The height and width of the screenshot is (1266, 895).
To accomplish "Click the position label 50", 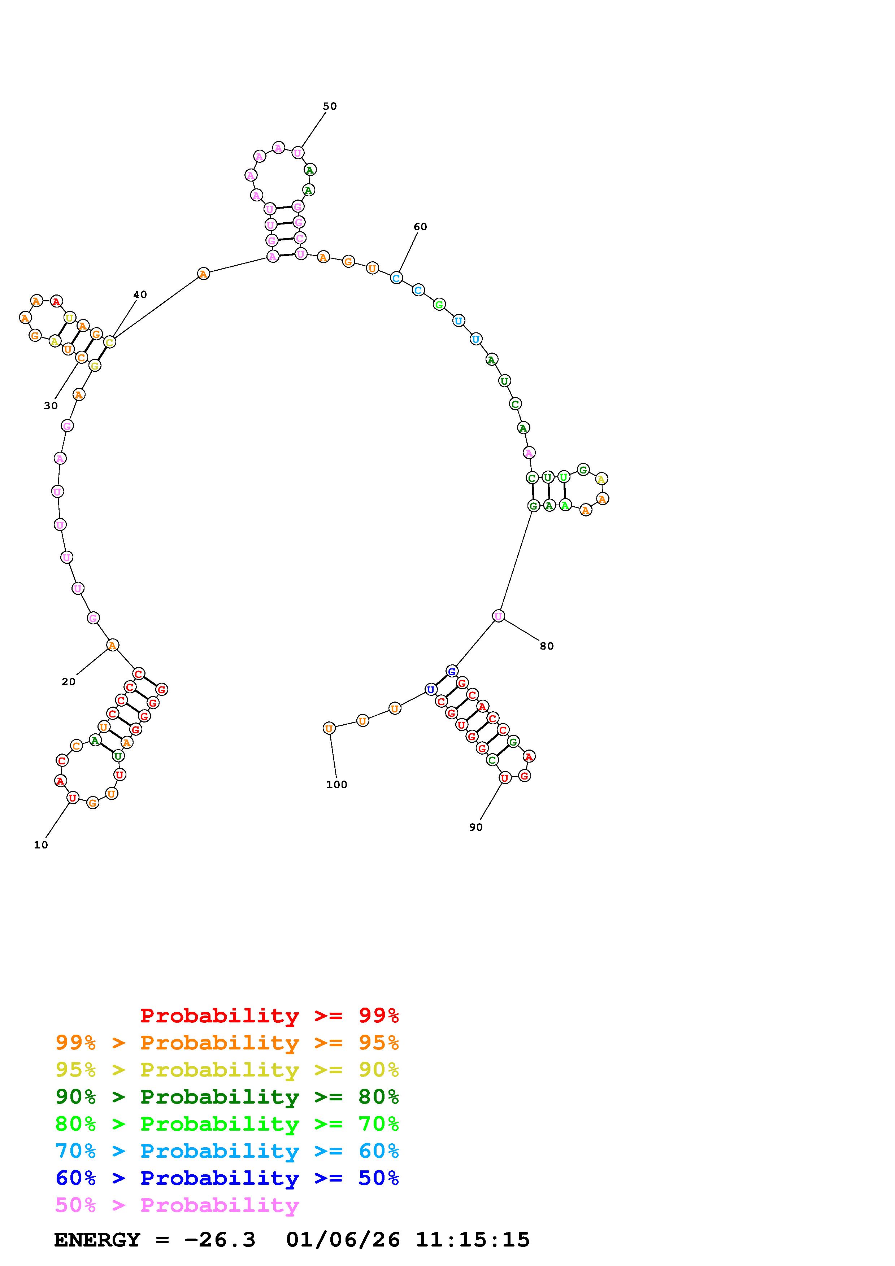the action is pos(330,106).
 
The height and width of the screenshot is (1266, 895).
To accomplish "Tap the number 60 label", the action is pos(420,227).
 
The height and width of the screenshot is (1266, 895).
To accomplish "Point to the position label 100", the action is pos(337,785).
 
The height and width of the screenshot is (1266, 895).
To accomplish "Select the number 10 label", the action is pos(41,845).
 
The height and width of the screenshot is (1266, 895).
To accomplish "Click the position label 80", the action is pos(547,646).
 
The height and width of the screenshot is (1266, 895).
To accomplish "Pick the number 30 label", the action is pos(51,406).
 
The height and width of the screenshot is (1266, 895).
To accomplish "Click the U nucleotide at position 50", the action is pos(298,153).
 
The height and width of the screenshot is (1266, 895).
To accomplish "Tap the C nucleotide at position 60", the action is pos(396,278).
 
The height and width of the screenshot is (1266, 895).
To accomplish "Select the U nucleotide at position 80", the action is pos(499,616).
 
